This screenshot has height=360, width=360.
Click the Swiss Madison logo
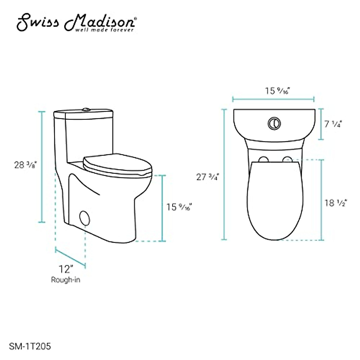77,23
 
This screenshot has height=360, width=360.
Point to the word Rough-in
66,280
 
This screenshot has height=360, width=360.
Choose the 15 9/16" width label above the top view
277,91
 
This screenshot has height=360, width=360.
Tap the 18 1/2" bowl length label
335,203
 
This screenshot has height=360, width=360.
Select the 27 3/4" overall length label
207,177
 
